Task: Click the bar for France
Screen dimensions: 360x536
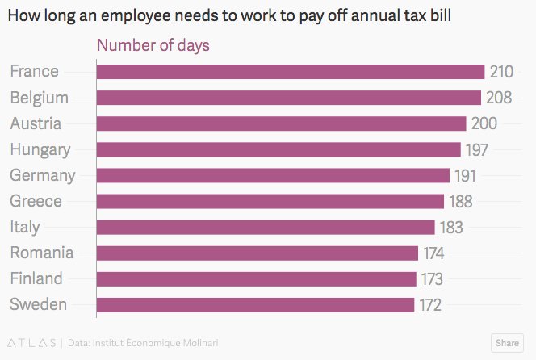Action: (290, 72)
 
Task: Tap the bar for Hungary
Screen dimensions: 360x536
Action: (278, 149)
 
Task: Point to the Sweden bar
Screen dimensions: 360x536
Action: (255, 305)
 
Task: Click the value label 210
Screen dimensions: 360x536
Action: (501, 72)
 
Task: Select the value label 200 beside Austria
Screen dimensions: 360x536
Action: (484, 123)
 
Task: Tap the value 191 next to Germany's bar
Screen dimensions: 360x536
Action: (465, 175)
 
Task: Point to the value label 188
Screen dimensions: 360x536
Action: (460, 201)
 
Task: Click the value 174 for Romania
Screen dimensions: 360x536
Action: (433, 253)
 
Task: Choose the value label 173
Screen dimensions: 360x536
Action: (431, 279)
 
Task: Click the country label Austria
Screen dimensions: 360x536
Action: (36, 123)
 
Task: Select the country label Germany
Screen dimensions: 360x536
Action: (42, 175)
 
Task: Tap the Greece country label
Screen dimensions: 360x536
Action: (36, 201)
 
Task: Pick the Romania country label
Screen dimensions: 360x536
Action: (41, 253)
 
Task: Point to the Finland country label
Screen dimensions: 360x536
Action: (36, 278)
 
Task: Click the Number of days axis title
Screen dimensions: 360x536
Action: (153, 45)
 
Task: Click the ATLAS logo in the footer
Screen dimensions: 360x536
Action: (31, 342)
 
